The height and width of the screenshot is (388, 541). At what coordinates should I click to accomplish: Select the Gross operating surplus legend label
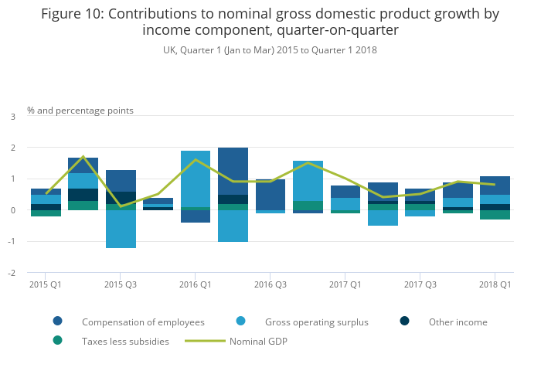pyautogui.click(x=316, y=322)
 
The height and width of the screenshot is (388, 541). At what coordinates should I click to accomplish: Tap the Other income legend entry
pyautogui.click(x=458, y=322)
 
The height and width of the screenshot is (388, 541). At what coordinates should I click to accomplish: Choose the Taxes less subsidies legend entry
pyautogui.click(x=125, y=341)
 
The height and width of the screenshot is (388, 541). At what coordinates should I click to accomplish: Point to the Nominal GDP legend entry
pyautogui.click(x=258, y=341)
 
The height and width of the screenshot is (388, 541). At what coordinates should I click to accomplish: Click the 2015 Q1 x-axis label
pyautogui.click(x=46, y=284)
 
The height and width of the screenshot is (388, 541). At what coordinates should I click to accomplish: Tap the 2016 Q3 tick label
pyautogui.click(x=270, y=284)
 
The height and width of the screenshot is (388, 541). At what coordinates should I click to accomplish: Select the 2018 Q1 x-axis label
pyautogui.click(x=495, y=284)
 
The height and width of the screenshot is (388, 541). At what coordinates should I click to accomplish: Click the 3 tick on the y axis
pyautogui.click(x=13, y=117)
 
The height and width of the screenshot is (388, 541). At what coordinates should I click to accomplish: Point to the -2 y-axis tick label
pyautogui.click(x=12, y=273)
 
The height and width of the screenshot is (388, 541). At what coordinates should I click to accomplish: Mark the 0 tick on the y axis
pyautogui.click(x=13, y=210)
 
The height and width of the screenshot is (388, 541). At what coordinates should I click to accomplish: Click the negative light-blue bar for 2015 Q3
pyautogui.click(x=121, y=229)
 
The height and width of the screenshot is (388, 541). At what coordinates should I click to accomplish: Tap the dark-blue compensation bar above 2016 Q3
pyautogui.click(x=270, y=195)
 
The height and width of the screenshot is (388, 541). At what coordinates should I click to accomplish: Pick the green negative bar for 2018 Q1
pyautogui.click(x=495, y=215)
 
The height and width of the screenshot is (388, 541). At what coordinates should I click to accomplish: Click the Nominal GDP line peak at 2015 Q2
pyautogui.click(x=83, y=157)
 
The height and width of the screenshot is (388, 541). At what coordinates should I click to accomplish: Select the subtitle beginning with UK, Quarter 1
pyautogui.click(x=270, y=49)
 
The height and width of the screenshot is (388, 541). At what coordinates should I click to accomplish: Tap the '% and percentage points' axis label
pyautogui.click(x=80, y=111)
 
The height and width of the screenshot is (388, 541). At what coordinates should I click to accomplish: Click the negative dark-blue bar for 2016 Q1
pyautogui.click(x=196, y=216)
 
